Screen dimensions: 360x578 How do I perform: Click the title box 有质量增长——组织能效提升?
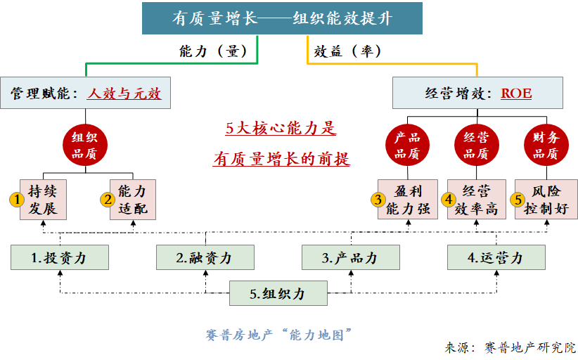pos(282,18)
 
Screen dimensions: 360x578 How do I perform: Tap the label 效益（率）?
pos(347,51)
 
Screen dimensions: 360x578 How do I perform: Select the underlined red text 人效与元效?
pos(124,93)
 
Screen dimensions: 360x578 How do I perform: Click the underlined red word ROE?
pos(515,93)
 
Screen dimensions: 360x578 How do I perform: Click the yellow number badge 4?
pos(449,200)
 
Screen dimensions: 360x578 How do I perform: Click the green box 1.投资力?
pos(60,257)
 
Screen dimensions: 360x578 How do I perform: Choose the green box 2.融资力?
pos(205,257)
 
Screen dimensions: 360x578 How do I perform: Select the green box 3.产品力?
pos(350,257)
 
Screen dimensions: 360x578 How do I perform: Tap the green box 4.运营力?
pos(496,257)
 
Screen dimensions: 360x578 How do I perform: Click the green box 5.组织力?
pos(278,293)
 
